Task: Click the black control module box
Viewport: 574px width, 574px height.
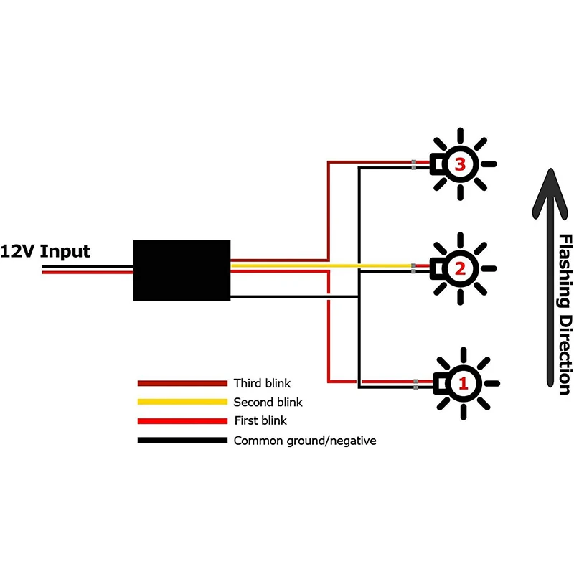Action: pos(182,270)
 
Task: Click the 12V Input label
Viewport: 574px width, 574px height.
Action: pos(45,251)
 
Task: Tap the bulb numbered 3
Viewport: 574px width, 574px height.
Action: pos(460,164)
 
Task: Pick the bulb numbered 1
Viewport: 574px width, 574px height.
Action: pos(462,383)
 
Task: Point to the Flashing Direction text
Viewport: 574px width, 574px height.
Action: pos(565,314)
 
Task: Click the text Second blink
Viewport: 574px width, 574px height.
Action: pos(268,403)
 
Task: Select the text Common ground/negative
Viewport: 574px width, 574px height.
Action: pos(304,441)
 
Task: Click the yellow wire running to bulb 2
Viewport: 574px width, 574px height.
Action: pos(323,266)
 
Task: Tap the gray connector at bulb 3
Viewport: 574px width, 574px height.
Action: pos(414,165)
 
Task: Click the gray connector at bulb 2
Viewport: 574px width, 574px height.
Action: pos(413,269)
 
